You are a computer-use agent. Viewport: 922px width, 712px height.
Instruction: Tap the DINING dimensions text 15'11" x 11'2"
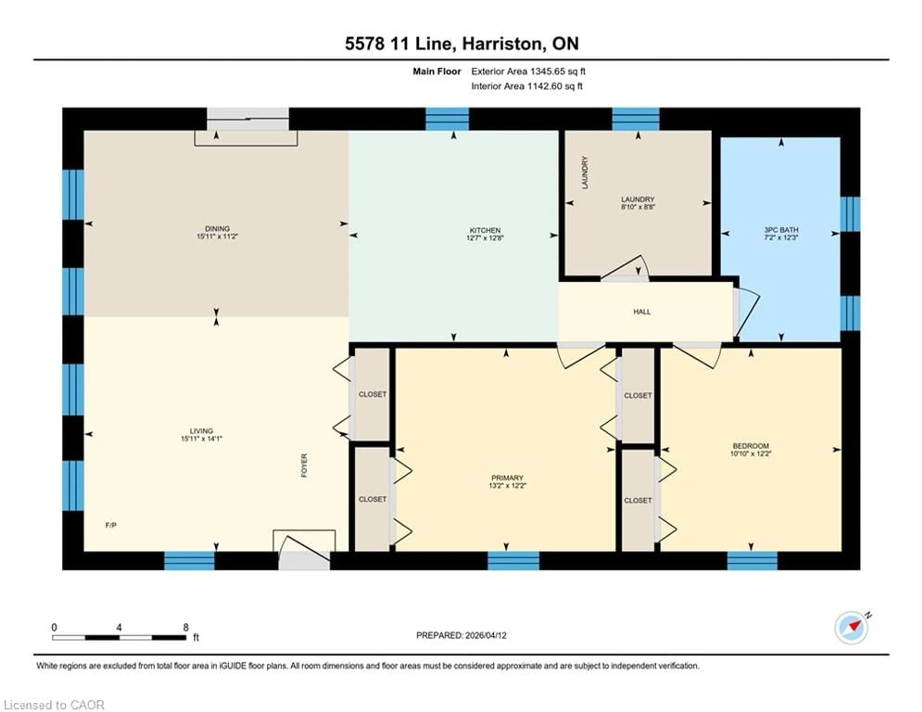coord(217,236)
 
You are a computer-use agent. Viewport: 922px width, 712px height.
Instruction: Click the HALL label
coord(642,312)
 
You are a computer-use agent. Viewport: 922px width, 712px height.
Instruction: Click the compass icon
coord(851,639)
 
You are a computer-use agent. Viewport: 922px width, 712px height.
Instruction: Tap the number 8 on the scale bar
coord(186,627)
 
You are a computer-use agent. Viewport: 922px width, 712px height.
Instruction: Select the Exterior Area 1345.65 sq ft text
coord(528,71)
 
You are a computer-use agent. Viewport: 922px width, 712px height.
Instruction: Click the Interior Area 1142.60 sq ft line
coord(527,86)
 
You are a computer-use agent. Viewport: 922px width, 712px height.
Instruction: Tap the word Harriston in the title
coord(502,43)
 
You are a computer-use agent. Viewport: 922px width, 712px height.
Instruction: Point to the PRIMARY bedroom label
coord(507,478)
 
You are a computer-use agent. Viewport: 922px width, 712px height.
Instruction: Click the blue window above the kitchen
coord(447,119)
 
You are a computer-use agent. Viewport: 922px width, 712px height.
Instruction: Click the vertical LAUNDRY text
coord(585,172)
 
